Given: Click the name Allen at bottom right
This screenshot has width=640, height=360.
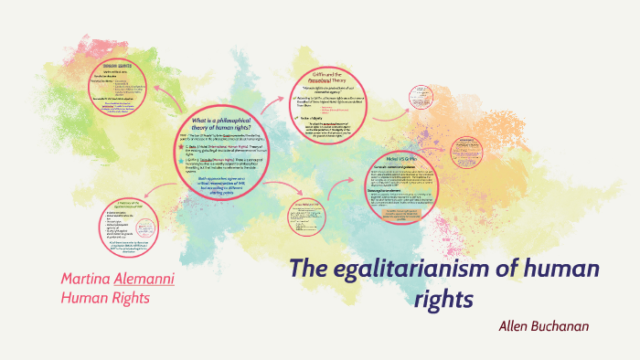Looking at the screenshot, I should (516, 326).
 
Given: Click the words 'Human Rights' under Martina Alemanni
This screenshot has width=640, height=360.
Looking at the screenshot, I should (104, 297).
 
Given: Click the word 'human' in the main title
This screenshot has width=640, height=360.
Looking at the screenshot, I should (542, 270).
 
